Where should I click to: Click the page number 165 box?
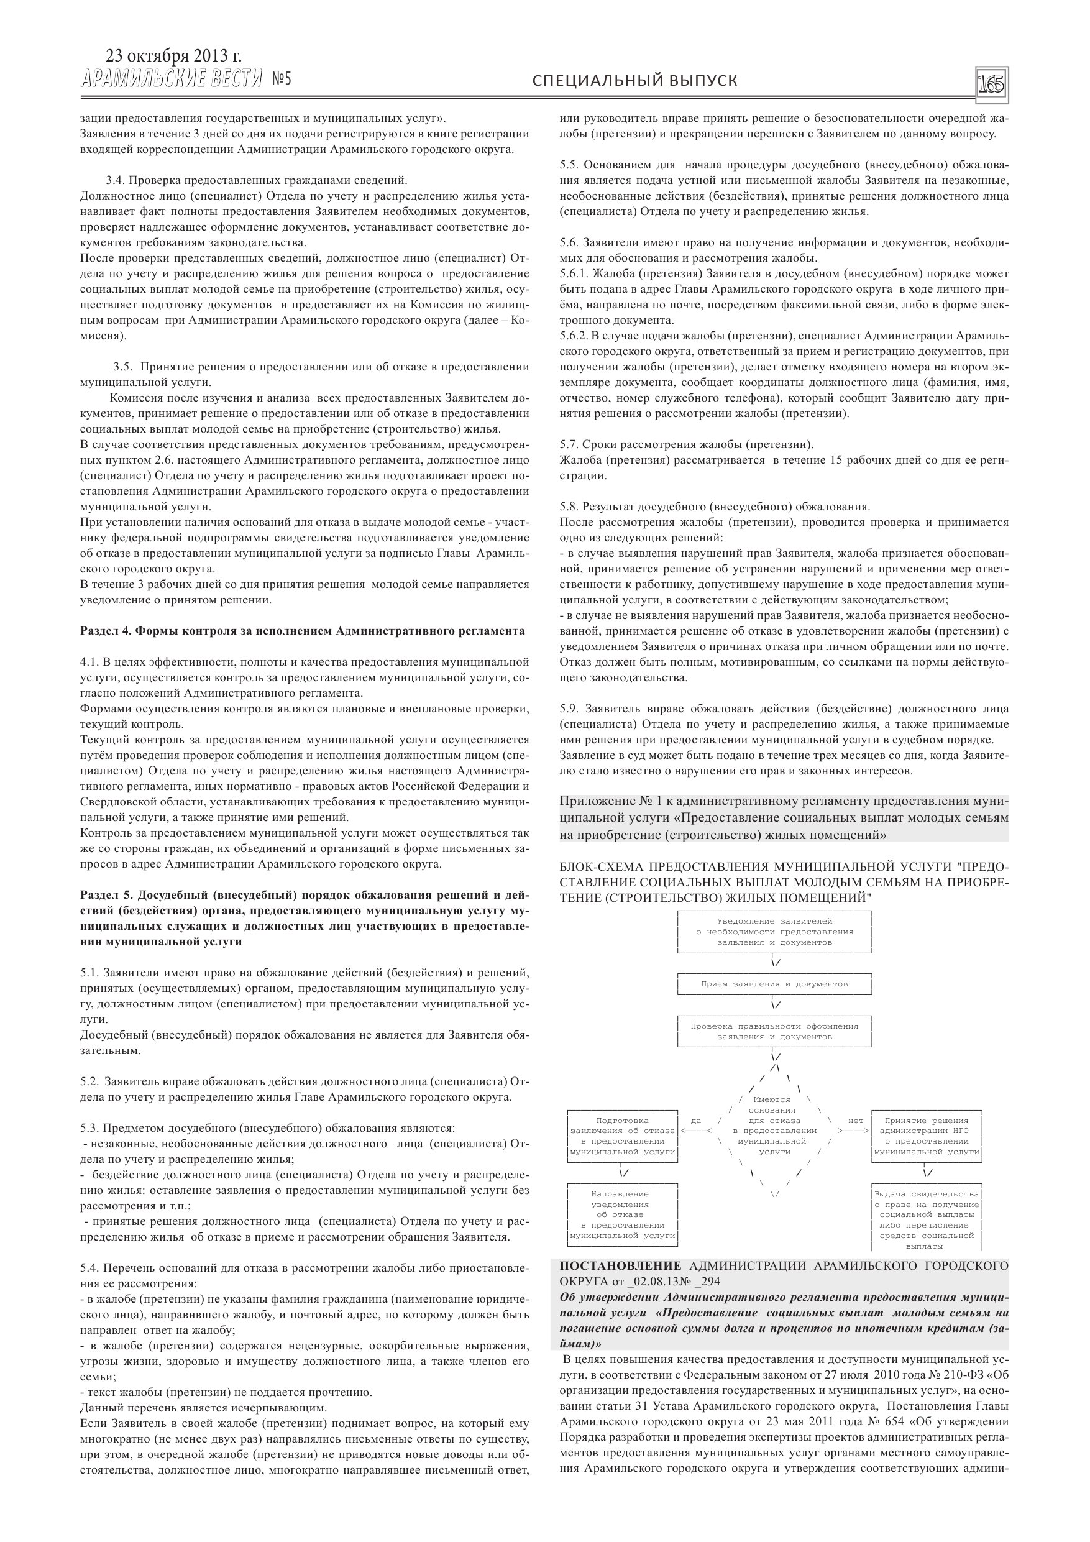[x=991, y=84]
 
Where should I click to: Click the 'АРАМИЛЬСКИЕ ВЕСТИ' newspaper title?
[x=172, y=80]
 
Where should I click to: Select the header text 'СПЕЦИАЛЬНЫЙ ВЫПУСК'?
[x=634, y=81]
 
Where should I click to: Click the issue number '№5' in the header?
[x=282, y=80]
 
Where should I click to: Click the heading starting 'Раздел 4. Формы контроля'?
[x=302, y=631]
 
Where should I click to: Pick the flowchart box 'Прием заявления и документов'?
[x=774, y=984]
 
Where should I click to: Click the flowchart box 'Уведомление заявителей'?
[x=774, y=932]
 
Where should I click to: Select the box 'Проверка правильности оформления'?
[x=774, y=1031]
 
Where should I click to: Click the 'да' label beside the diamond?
[x=696, y=1120]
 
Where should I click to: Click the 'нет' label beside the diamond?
[x=856, y=1120]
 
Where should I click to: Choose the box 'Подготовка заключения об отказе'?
[x=623, y=1136]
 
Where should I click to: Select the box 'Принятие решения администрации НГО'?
[x=926, y=1136]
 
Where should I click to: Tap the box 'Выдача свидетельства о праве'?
[x=926, y=1219]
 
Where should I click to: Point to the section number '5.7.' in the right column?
[x=569, y=444]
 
